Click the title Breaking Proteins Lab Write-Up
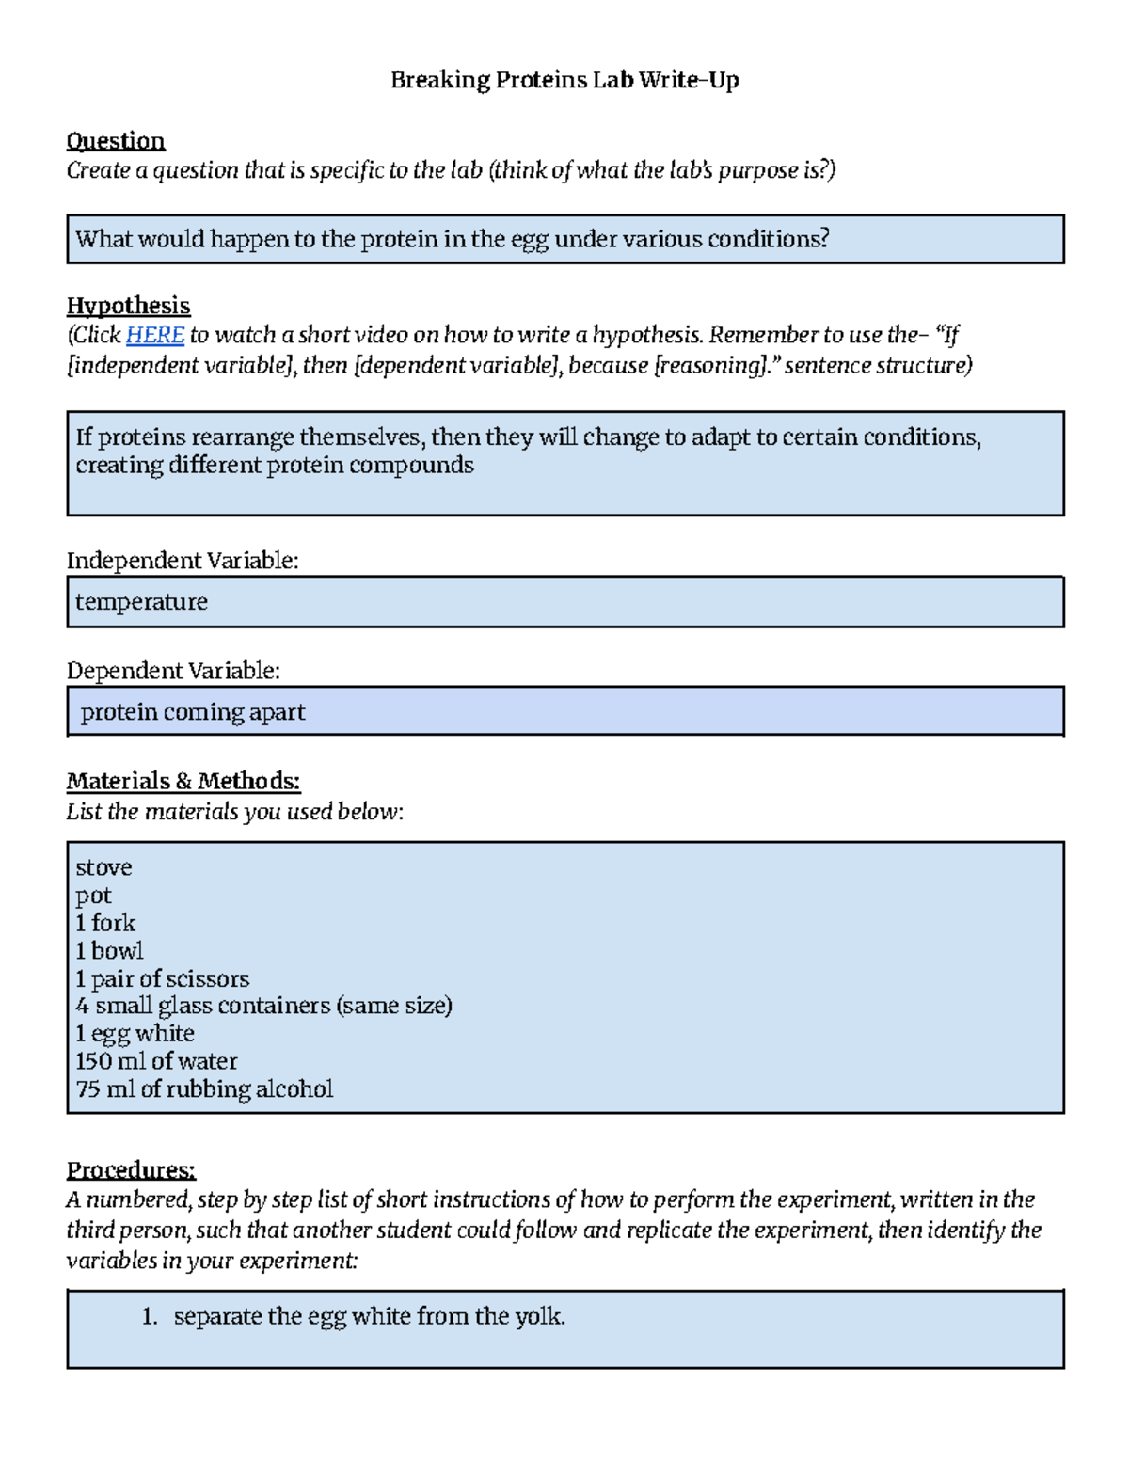pyautogui.click(x=564, y=80)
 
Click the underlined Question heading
pyautogui.click(x=115, y=141)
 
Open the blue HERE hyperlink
pyautogui.click(x=154, y=335)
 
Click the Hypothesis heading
pyautogui.click(x=128, y=306)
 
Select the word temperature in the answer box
pyautogui.click(x=141, y=602)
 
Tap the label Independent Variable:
pyautogui.click(x=182, y=561)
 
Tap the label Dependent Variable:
pyautogui.click(x=173, y=671)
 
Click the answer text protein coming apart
pyautogui.click(x=193, y=712)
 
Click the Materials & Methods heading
pyautogui.click(x=183, y=781)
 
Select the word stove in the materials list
pyautogui.click(x=103, y=867)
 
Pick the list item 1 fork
pyautogui.click(x=105, y=923)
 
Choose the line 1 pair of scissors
pyautogui.click(x=162, y=978)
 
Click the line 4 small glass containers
pyautogui.click(x=263, y=1006)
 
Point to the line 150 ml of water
pyautogui.click(x=156, y=1061)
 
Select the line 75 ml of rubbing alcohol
pyautogui.click(x=204, y=1089)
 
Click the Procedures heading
pyautogui.click(x=131, y=1170)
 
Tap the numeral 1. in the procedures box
pyautogui.click(x=149, y=1317)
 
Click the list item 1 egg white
pyautogui.click(x=135, y=1034)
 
